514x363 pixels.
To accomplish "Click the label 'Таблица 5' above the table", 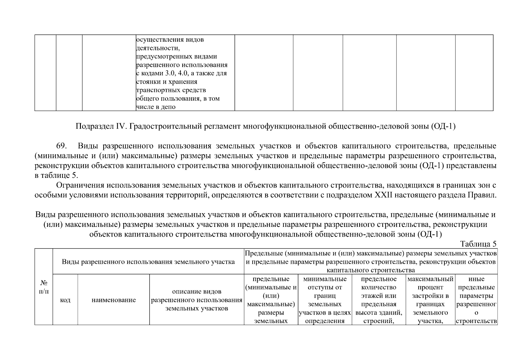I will [478, 244].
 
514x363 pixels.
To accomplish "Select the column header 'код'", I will [65, 300].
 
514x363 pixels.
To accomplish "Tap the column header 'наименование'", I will [114, 300].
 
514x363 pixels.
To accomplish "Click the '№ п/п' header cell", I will [44, 287].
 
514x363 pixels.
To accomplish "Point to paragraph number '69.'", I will [61, 146].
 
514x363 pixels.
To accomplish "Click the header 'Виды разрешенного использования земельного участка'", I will [148, 262].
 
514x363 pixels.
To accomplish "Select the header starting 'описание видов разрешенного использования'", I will [197, 300].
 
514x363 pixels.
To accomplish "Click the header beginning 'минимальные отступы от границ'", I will [325, 300].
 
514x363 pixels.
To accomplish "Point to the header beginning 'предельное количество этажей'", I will [379, 300].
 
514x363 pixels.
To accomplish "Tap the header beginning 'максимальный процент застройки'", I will [430, 300].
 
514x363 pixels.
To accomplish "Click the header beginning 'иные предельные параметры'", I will [476, 300].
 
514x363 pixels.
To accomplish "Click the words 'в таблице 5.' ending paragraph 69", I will [57, 175].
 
